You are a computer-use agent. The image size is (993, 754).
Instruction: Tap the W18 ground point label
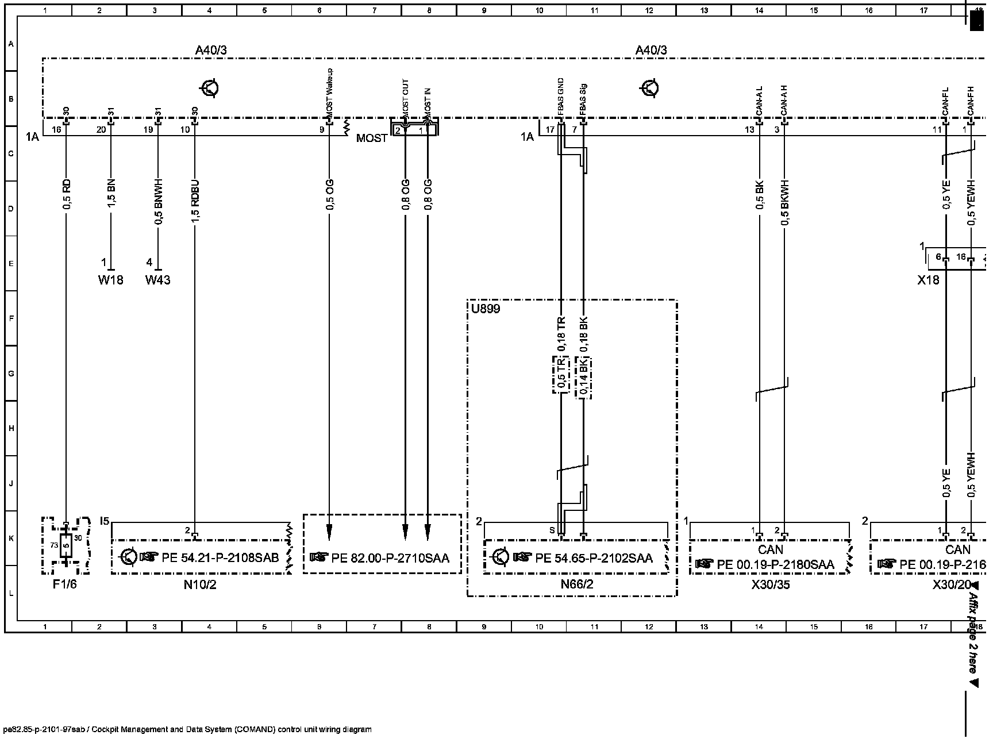110,280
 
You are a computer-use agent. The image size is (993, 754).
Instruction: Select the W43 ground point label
157,280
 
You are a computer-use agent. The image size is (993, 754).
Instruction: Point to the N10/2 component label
200,585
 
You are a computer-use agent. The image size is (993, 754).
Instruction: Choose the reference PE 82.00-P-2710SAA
390,558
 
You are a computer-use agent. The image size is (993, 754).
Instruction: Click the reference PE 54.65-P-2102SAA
594,558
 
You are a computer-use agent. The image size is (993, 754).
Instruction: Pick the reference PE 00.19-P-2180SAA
775,565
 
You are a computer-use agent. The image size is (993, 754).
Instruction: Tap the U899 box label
486,309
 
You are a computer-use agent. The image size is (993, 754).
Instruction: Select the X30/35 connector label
771,585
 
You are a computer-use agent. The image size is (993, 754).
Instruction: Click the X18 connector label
928,280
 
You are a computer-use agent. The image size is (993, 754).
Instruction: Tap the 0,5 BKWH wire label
785,201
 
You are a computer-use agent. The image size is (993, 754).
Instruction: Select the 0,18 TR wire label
561,334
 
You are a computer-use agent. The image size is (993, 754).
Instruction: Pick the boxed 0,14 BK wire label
583,378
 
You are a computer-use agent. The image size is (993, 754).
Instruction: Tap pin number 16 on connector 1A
56,129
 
